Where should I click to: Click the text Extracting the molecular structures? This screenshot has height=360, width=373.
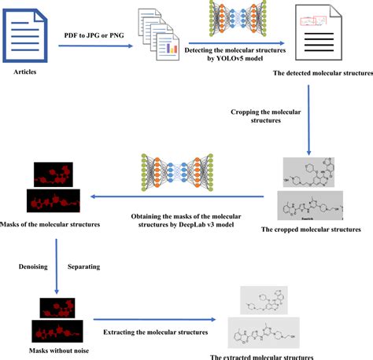click(x=150, y=332)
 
